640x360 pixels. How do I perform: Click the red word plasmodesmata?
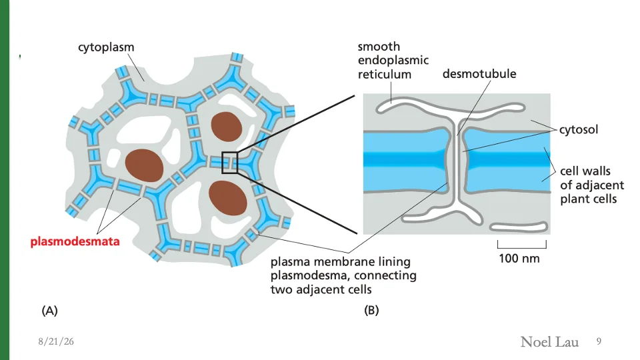click(x=75, y=241)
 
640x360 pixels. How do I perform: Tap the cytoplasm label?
click(x=106, y=47)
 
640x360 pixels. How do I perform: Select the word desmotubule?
click(x=479, y=73)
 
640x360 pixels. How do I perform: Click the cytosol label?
click(x=579, y=129)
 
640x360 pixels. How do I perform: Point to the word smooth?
click(x=379, y=47)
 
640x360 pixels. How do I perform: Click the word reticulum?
click(x=385, y=74)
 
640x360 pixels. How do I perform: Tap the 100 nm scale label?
click(x=519, y=259)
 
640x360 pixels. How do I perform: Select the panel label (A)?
click(x=49, y=311)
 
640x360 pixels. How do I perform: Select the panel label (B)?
click(x=371, y=310)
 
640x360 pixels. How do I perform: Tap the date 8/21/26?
click(x=56, y=341)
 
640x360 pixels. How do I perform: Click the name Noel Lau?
click(x=549, y=341)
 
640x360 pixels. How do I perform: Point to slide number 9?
click(x=599, y=341)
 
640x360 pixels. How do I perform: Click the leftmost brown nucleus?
click(x=144, y=165)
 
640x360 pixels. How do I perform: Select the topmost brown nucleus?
click(x=227, y=127)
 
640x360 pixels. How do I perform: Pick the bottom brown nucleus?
click(x=228, y=197)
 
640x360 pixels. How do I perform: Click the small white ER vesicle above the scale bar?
click(x=519, y=227)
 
